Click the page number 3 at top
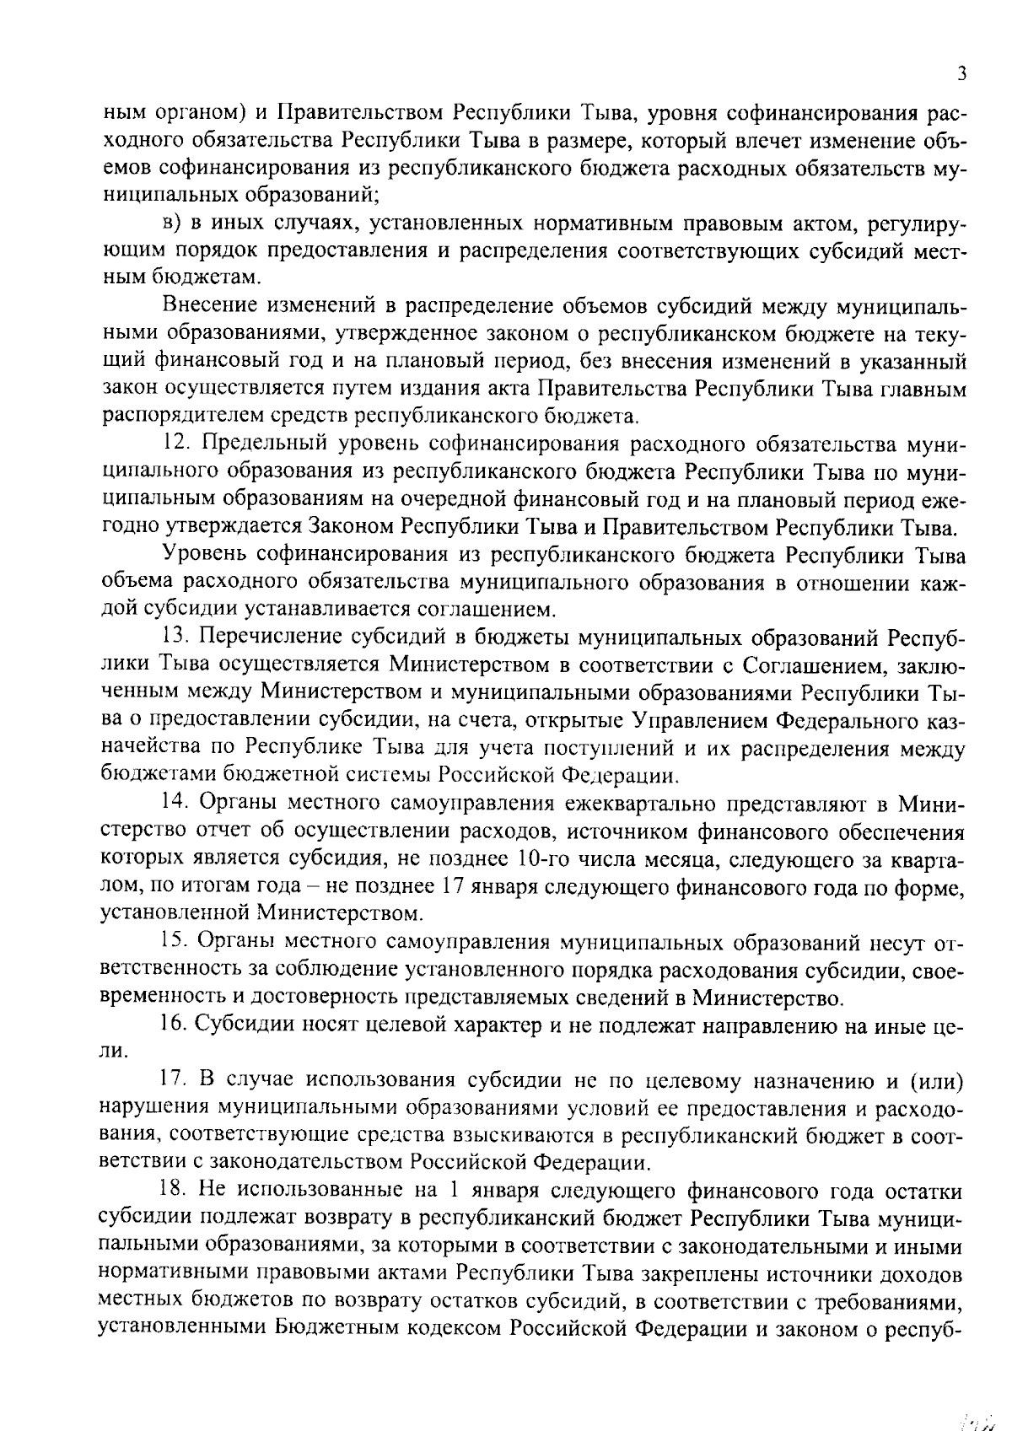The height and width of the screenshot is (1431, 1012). [x=961, y=73]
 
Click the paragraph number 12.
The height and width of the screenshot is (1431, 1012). [x=173, y=444]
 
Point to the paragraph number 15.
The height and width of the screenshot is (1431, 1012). [x=173, y=941]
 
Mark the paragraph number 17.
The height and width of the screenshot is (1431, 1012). [x=173, y=1079]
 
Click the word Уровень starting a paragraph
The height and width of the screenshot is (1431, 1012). [x=206, y=555]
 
